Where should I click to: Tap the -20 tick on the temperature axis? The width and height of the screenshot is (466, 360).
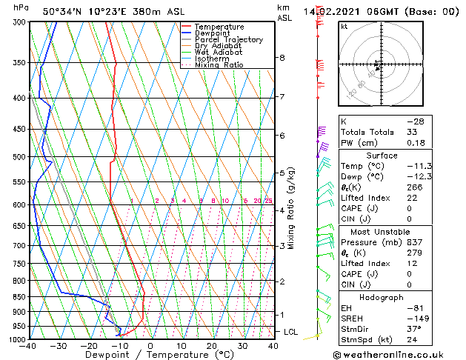[x=89, y=346]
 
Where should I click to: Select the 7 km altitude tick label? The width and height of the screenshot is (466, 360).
[x=282, y=97]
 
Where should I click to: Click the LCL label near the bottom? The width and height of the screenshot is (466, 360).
[x=290, y=332]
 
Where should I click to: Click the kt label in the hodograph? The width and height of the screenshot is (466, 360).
[x=344, y=26]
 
